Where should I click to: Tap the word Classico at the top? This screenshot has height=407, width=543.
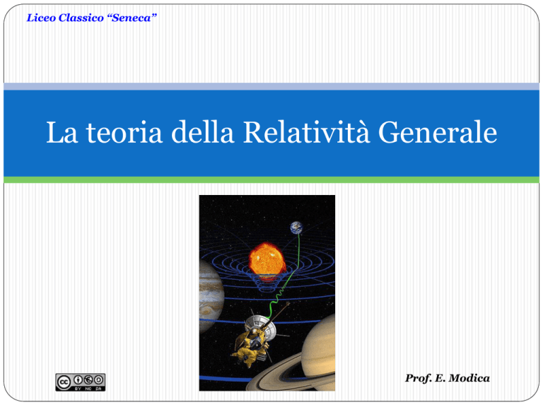click(81, 18)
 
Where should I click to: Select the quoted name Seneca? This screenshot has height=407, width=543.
click(132, 18)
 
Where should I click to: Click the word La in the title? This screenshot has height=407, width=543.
click(62, 132)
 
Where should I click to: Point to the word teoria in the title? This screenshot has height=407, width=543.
click(124, 133)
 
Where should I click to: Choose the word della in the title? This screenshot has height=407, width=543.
click(203, 132)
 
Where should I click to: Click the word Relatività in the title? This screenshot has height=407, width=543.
click(306, 132)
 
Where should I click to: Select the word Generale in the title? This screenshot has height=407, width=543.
click(438, 132)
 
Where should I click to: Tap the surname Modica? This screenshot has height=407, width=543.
click(469, 378)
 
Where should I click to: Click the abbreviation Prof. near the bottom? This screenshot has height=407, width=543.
click(419, 378)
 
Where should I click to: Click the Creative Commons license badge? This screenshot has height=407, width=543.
click(81, 382)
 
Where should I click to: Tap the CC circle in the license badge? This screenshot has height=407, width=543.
click(64, 382)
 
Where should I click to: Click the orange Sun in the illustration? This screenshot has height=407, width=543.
click(267, 259)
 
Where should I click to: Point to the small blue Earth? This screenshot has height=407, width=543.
click(296, 228)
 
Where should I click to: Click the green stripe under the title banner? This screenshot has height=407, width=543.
click(271, 179)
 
